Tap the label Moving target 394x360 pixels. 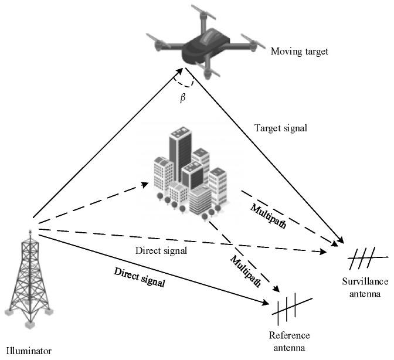click(299, 52)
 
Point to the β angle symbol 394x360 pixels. click(182, 97)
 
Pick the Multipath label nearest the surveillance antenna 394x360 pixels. click(268, 216)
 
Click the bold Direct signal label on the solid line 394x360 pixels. click(140, 277)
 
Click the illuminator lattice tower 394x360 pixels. click(26, 281)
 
